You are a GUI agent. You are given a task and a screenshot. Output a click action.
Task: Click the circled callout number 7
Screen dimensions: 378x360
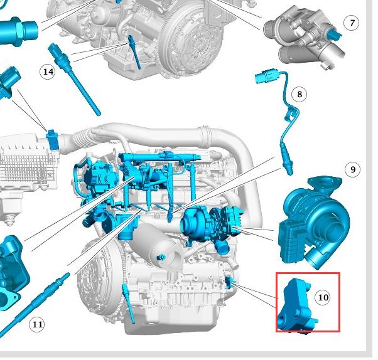(352, 23)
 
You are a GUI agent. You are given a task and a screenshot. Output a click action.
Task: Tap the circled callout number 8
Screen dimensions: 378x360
(299, 94)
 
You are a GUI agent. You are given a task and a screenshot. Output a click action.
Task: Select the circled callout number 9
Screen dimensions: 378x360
(352, 169)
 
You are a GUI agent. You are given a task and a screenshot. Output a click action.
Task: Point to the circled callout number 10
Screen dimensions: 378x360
(323, 297)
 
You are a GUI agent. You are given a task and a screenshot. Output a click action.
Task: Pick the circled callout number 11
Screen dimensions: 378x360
(36, 324)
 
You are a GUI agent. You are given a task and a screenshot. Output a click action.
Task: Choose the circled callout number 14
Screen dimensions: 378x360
(48, 71)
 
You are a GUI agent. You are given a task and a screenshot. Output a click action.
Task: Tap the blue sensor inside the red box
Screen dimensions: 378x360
(297, 306)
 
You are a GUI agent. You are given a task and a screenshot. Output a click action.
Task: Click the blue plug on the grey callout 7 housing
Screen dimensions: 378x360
(335, 34)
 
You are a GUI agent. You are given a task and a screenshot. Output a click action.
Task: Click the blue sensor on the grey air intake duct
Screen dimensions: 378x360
(53, 140)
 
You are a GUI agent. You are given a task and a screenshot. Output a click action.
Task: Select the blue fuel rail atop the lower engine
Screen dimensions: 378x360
(159, 157)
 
